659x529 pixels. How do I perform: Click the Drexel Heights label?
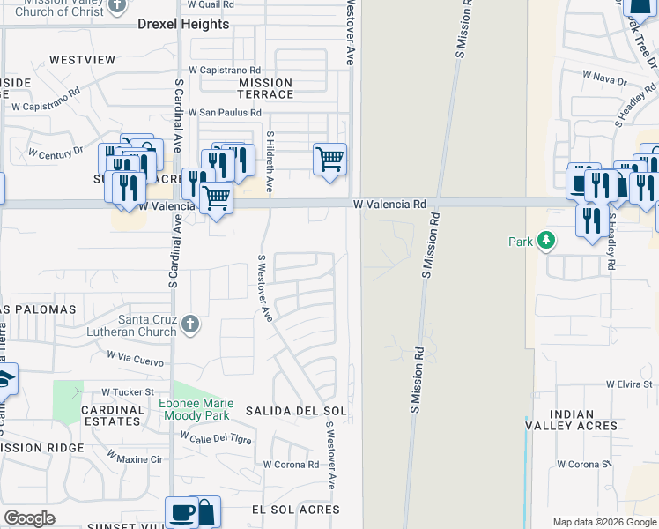(183, 25)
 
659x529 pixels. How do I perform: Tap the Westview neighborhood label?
(82, 60)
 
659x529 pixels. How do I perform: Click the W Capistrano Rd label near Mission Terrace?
(225, 70)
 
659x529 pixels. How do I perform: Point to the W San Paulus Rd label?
(226, 113)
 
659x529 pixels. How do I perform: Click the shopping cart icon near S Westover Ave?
(329, 160)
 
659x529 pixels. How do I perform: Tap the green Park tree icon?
(546, 240)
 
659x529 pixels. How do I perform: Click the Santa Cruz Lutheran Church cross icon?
(189, 325)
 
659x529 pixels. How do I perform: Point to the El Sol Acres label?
(295, 510)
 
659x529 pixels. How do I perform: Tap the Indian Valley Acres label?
(571, 420)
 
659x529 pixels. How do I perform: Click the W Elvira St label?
(629, 385)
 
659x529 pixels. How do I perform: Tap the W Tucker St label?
(128, 391)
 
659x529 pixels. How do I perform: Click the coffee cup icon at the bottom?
(182, 511)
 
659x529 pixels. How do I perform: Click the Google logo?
(30, 518)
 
